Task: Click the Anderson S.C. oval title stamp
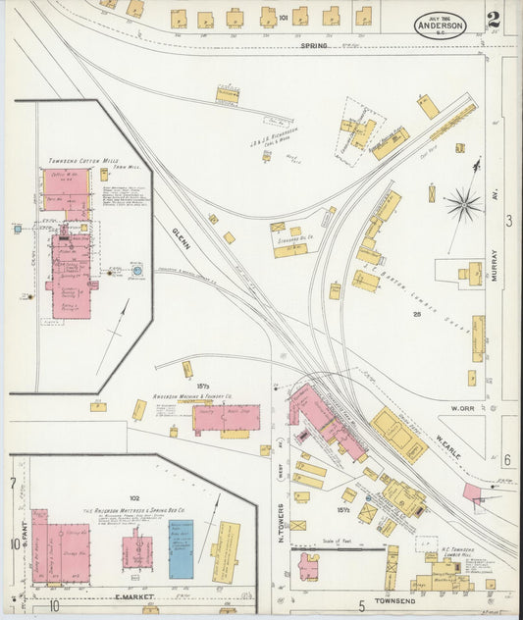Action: tap(440, 25)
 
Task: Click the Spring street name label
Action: tap(314, 45)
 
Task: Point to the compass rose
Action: tap(462, 204)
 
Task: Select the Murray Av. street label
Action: tap(496, 263)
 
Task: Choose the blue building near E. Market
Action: tap(181, 549)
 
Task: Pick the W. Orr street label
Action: tap(462, 407)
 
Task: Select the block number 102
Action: tap(134, 497)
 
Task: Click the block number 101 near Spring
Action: tap(283, 17)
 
